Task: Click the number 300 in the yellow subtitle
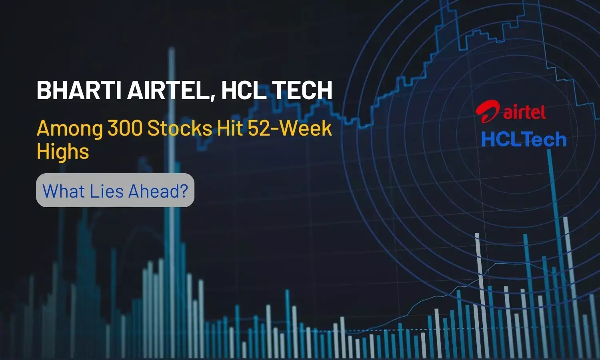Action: coord(125,129)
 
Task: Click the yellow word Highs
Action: coord(63,152)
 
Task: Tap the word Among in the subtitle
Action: coord(70,129)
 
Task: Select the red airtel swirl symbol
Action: coord(488,112)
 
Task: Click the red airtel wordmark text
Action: coord(524,112)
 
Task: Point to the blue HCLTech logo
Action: coord(524,139)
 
